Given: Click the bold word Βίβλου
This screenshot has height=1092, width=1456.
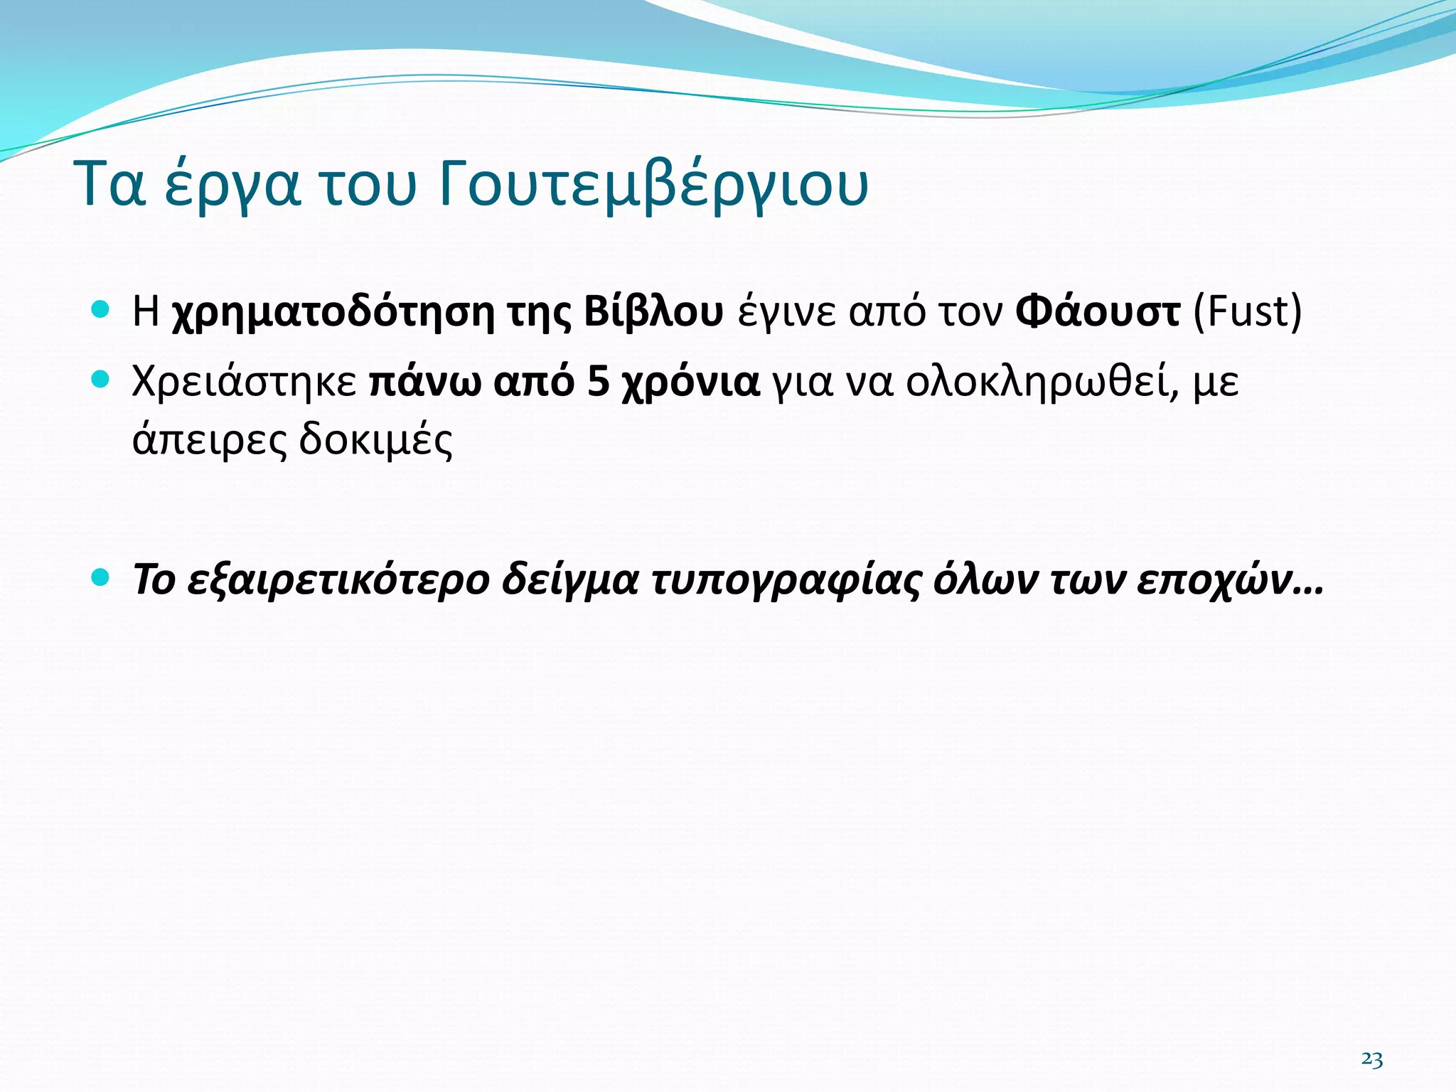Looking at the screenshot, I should [653, 312].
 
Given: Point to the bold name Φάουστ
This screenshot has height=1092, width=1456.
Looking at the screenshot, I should [1098, 312].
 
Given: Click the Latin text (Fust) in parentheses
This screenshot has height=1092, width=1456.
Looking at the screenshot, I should [1247, 312].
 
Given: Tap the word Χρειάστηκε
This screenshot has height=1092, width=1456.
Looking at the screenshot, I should [245, 382].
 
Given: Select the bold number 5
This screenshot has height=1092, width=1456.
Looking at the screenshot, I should [599, 382].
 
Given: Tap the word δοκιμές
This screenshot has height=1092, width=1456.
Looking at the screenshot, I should [375, 440].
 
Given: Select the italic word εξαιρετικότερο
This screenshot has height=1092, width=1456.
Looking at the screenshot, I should [338, 580].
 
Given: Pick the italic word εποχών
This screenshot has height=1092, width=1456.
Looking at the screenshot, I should [1221, 580].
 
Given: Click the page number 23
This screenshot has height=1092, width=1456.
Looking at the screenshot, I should [1371, 1059].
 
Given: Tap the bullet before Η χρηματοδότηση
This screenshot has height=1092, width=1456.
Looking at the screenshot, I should [101, 309].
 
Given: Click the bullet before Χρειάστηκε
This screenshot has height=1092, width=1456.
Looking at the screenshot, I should [101, 380].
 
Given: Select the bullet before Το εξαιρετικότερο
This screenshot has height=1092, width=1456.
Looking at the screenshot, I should [101, 577].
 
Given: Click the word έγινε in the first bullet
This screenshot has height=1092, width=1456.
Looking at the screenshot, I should [786, 312].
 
